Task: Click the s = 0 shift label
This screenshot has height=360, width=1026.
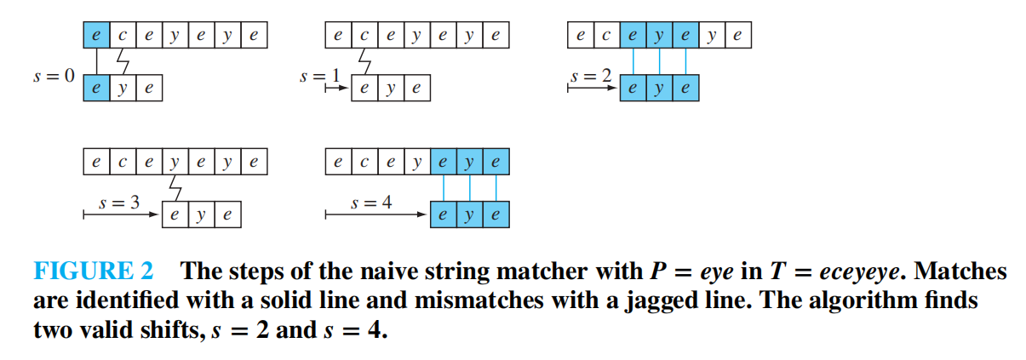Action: pyautogui.click(x=53, y=76)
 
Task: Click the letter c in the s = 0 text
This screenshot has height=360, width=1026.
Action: pyautogui.click(x=122, y=36)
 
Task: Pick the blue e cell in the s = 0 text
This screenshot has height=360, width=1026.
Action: pyautogui.click(x=96, y=36)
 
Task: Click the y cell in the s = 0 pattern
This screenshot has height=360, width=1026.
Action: pyautogui.click(x=122, y=89)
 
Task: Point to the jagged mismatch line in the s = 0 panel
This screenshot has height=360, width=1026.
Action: pyautogui.click(x=122, y=61)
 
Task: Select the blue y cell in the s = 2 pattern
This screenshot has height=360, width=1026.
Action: pyautogui.click(x=660, y=89)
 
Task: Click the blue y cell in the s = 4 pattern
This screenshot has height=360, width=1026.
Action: pyautogui.click(x=469, y=215)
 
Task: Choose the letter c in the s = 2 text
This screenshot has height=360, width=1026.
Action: pyautogui.click(x=606, y=36)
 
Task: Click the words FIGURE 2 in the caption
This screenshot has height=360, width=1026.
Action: pyautogui.click(x=94, y=272)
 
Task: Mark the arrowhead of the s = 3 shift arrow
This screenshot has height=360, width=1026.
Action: pyautogui.click(x=157, y=215)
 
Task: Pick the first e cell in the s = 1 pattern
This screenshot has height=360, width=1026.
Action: pyautogui.click(x=365, y=89)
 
